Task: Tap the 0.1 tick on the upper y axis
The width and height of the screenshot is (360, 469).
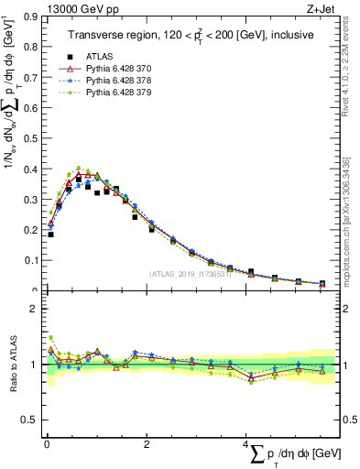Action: point(31,260)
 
